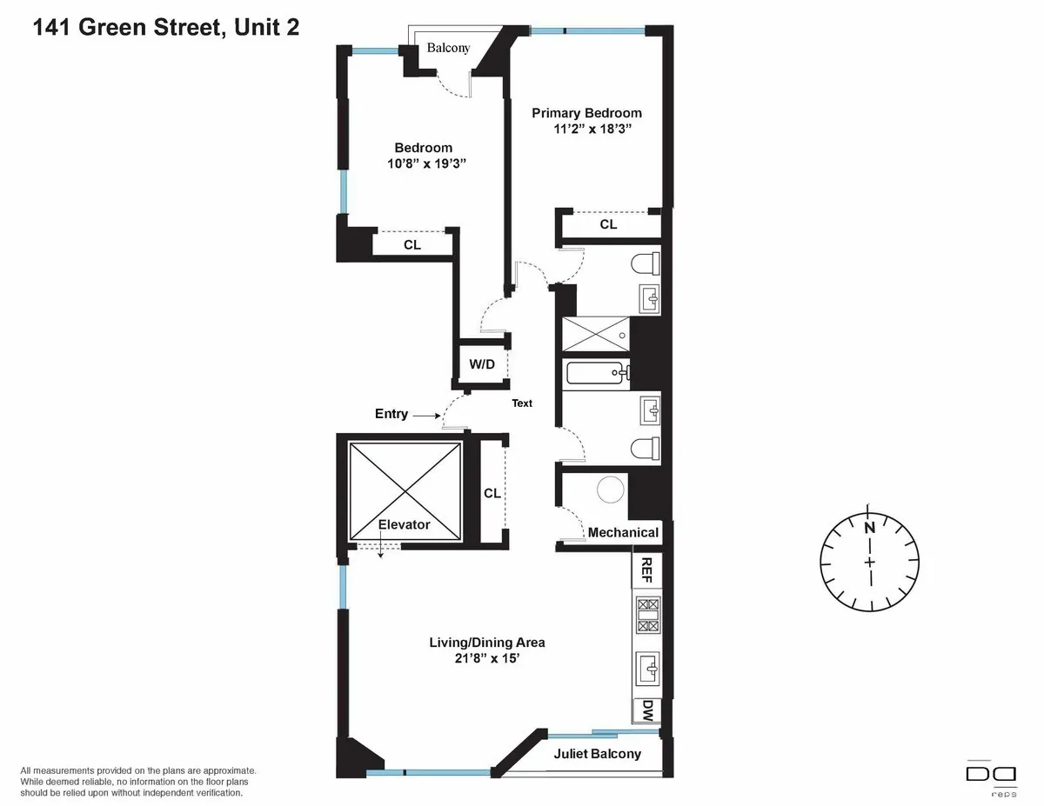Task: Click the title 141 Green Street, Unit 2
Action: pyautogui.click(x=166, y=28)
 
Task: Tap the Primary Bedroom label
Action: pyautogui.click(x=586, y=113)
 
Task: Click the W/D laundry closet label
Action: pyautogui.click(x=482, y=364)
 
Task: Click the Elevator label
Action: pyautogui.click(x=404, y=524)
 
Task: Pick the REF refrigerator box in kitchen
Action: pyautogui.click(x=646, y=570)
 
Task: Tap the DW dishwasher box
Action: pyautogui.click(x=647, y=711)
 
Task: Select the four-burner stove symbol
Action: pyautogui.click(x=648, y=615)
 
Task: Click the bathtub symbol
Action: pyautogui.click(x=596, y=374)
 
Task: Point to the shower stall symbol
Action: pyautogui.click(x=595, y=332)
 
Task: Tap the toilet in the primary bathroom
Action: pyautogui.click(x=645, y=263)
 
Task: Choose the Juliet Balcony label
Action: pyautogui.click(x=597, y=754)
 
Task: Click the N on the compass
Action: pyautogui.click(x=868, y=527)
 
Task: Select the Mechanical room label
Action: pyautogui.click(x=623, y=532)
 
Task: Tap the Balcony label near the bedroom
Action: pyautogui.click(x=447, y=48)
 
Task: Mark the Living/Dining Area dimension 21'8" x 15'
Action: pyautogui.click(x=486, y=659)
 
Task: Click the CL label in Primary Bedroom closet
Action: pyautogui.click(x=608, y=224)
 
